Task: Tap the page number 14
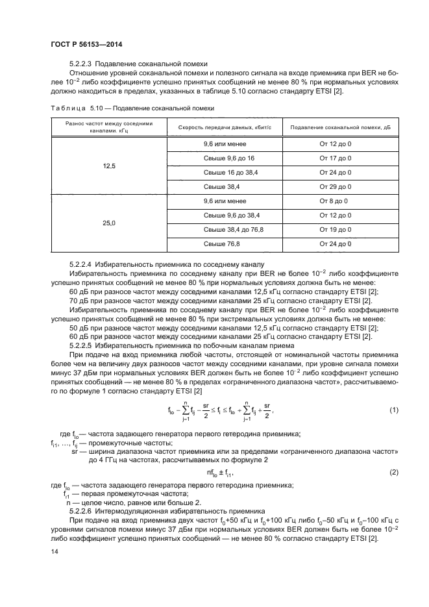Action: tap(54, 551)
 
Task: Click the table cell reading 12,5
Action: tap(108, 166)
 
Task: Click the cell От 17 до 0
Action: tap(335, 158)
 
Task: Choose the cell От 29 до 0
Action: tap(335, 186)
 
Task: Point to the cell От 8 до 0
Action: tap(334, 201)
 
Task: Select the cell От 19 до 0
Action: tap(335, 229)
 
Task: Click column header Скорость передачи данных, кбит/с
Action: tap(223, 127)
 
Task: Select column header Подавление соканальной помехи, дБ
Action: tap(335, 127)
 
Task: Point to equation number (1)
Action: tap(393, 410)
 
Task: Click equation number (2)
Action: tap(393, 472)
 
